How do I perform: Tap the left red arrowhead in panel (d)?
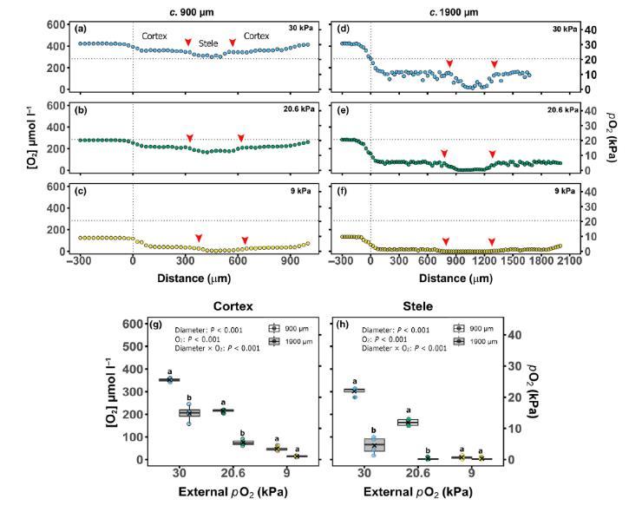pos(449,63)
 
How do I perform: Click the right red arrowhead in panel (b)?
pos(241,137)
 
